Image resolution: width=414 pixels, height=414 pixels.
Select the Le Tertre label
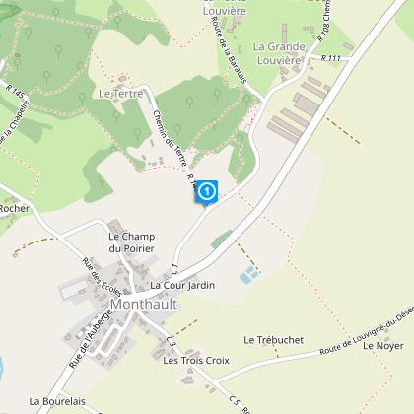click(121, 94)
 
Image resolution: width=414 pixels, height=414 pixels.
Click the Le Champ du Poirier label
click(132, 242)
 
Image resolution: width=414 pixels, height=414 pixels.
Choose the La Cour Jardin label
click(182, 285)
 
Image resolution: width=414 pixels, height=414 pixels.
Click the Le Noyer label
click(382, 347)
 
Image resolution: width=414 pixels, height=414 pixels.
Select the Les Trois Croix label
click(196, 361)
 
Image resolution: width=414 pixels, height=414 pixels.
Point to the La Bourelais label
click(60, 401)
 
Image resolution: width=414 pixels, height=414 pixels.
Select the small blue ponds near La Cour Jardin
click(250, 272)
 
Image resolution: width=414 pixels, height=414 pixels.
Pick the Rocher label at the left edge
click(17, 209)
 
